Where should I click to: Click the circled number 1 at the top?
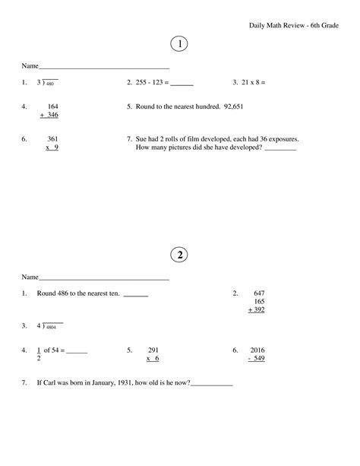[180, 45]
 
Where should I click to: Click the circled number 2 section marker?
[180, 255]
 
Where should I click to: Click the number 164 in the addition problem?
[53, 106]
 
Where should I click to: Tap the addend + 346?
[49, 115]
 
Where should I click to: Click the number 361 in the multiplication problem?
[53, 139]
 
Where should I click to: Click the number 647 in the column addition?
[259, 293]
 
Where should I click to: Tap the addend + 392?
[257, 310]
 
